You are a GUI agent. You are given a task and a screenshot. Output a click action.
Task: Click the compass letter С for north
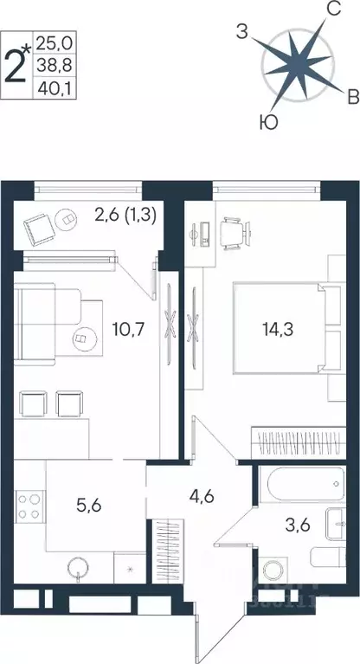[331, 10]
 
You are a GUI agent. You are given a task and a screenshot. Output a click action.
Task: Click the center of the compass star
[298, 66]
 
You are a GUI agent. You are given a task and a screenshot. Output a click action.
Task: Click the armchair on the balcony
[39, 228]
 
